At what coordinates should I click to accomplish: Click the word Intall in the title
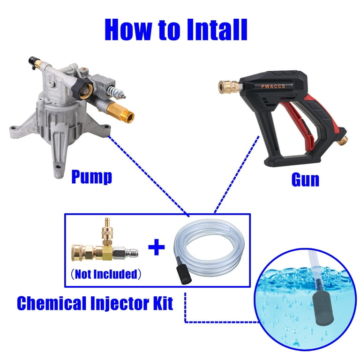pyautogui.click(x=217, y=30)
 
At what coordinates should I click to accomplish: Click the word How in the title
pyautogui.click(x=128, y=30)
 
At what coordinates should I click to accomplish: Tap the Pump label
pyautogui.click(x=91, y=177)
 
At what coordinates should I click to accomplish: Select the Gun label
pyautogui.click(x=305, y=180)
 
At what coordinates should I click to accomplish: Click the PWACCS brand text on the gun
pyautogui.click(x=273, y=86)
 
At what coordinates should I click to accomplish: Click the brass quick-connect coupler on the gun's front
pyautogui.click(x=228, y=87)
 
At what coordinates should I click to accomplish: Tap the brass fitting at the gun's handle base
pyautogui.click(x=343, y=140)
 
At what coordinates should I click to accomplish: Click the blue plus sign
pyautogui.click(x=157, y=247)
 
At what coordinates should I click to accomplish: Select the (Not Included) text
pyautogui.click(x=105, y=274)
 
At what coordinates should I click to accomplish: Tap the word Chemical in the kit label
pyautogui.click(x=52, y=303)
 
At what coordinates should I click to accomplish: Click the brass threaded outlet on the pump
pyautogui.click(x=120, y=112)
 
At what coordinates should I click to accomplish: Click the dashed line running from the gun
pyautogui.click(x=237, y=174)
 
